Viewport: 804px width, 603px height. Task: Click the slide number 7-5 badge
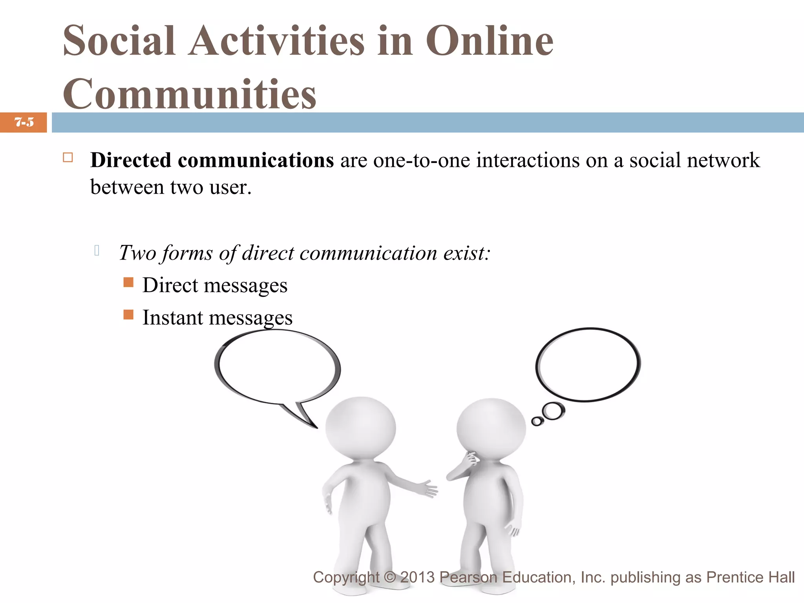coord(24,122)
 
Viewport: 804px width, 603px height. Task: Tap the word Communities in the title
coord(190,94)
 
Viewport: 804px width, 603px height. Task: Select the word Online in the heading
coord(490,40)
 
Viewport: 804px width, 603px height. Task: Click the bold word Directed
coord(131,160)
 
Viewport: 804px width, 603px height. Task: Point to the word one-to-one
coord(421,160)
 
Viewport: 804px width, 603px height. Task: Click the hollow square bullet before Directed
coord(68,158)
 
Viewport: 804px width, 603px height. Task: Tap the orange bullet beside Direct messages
coord(128,282)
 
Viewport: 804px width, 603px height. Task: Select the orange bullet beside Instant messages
coord(128,314)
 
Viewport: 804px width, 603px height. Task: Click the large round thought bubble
coord(588,365)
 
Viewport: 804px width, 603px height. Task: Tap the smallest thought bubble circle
coord(537,422)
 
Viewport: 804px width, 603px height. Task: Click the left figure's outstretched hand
coord(428,489)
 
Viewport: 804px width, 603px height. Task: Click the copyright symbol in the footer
coord(389,577)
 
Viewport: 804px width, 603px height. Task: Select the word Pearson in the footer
coord(469,577)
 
